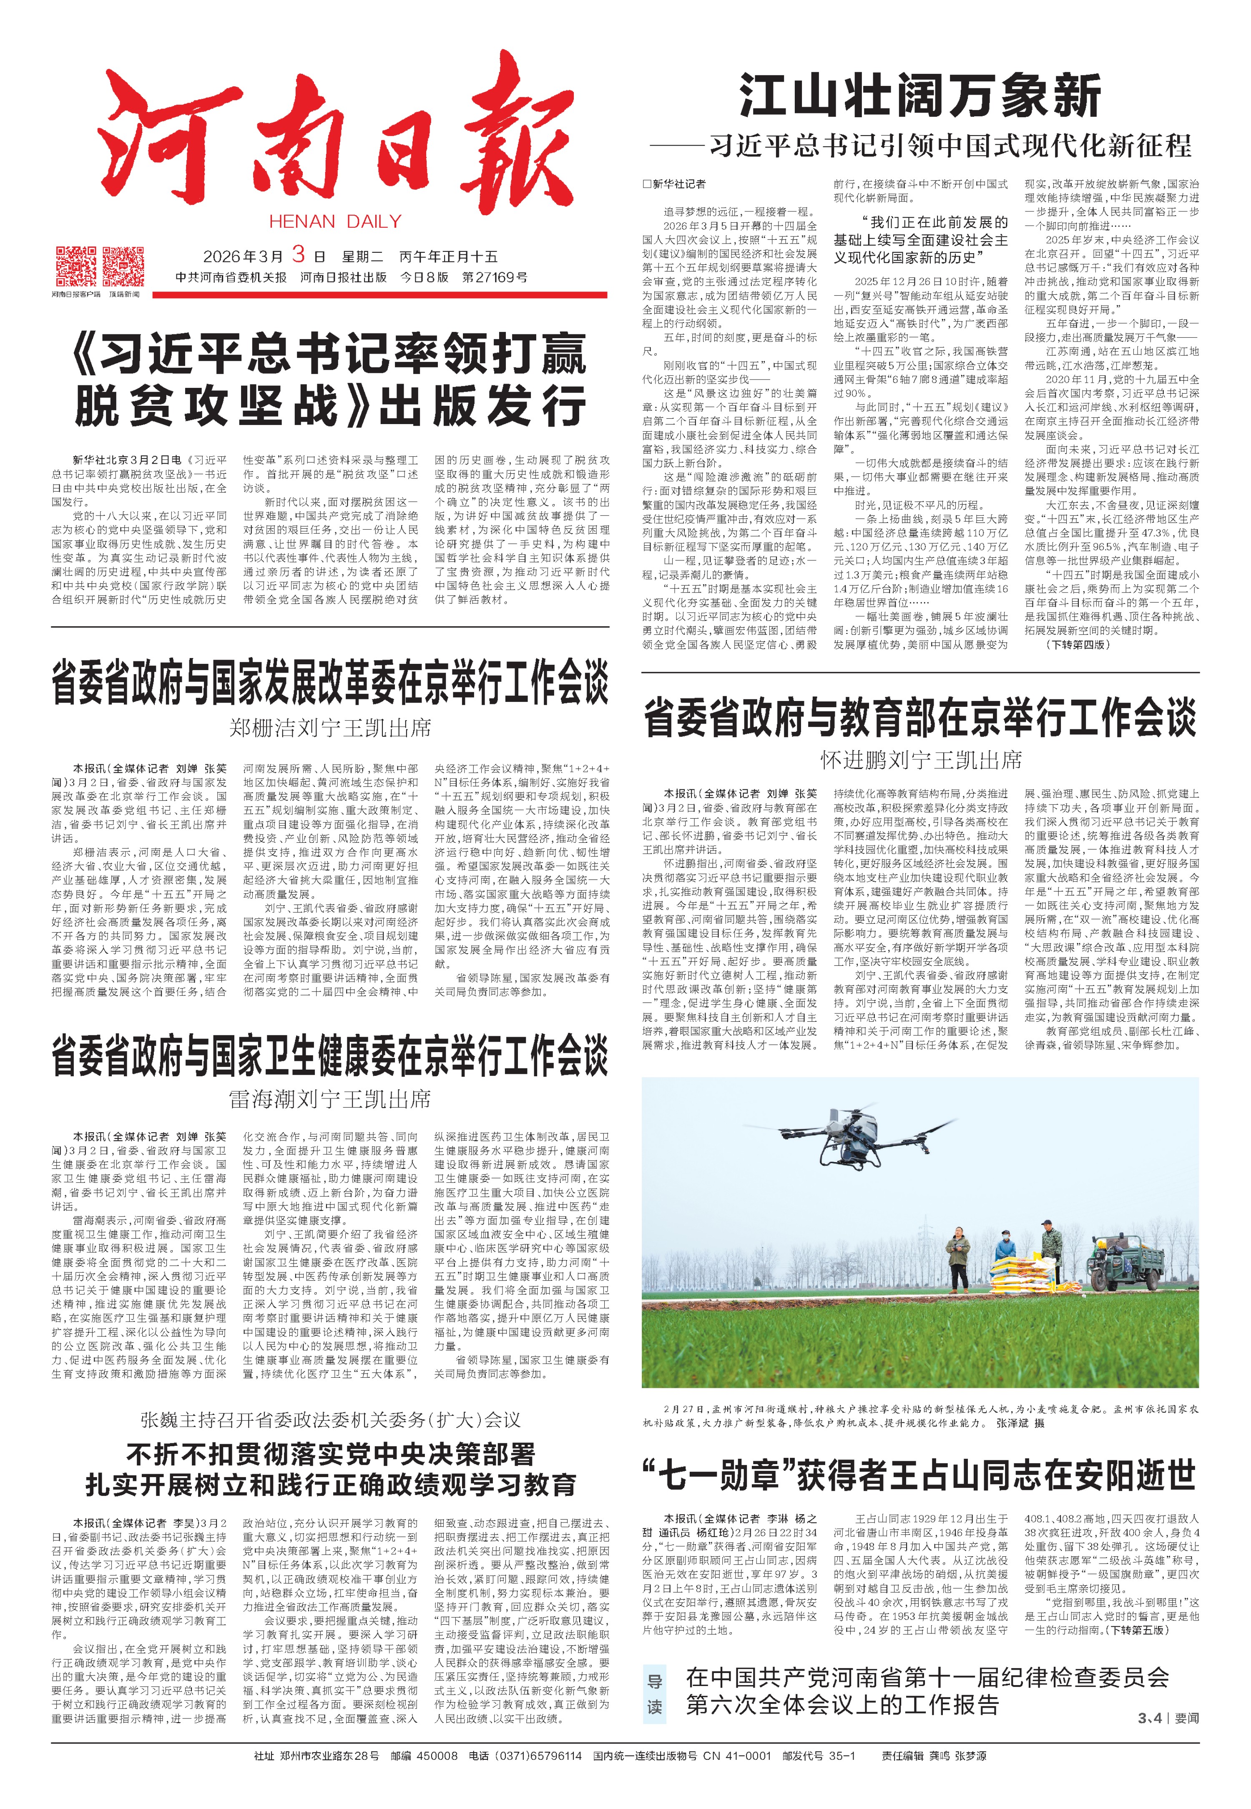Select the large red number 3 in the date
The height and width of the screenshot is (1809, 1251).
(299, 254)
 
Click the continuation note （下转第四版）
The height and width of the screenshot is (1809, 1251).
(1078, 644)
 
